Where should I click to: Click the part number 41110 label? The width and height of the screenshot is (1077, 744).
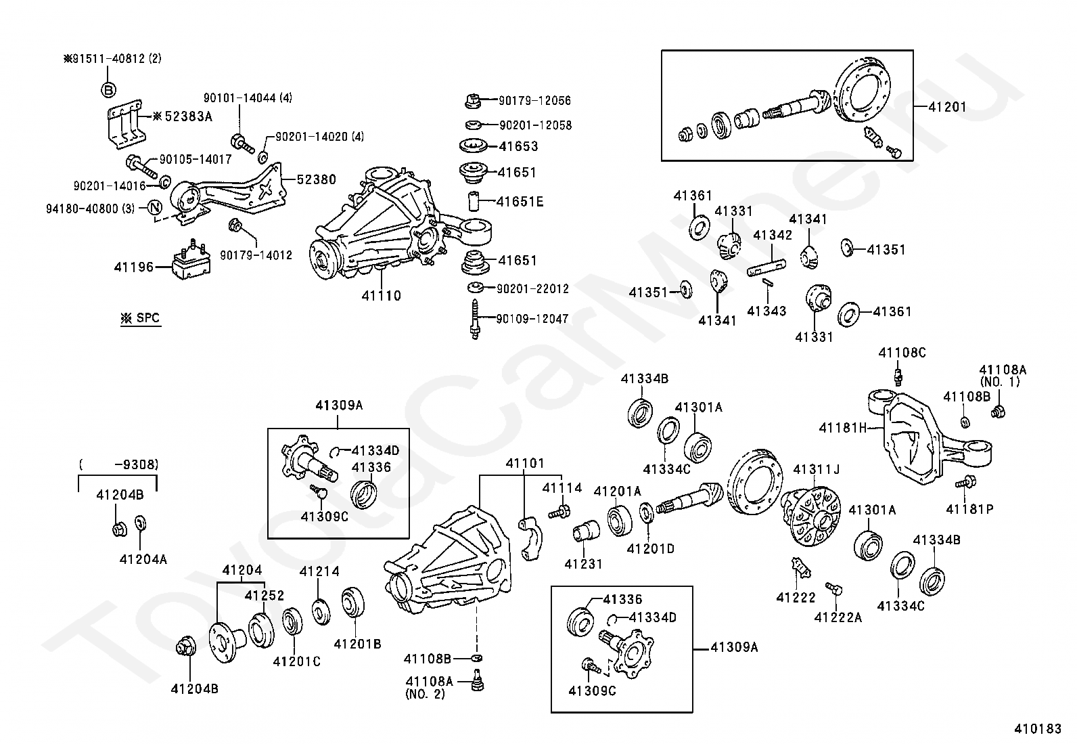[381, 295]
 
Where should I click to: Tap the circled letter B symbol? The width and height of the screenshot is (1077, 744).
[109, 89]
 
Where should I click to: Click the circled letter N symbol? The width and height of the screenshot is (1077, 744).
[155, 208]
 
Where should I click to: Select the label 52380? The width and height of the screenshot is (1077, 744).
[316, 179]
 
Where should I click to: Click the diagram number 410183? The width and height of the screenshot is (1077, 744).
[1038, 728]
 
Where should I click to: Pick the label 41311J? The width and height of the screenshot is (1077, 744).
[816, 468]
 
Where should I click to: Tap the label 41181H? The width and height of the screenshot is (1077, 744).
[842, 427]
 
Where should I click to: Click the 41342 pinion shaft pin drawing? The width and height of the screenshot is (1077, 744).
[766, 267]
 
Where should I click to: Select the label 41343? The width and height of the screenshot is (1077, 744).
[766, 311]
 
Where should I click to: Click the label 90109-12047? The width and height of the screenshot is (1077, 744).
[532, 319]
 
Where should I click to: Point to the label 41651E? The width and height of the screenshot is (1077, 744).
[520, 202]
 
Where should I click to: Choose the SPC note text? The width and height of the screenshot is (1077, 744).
[141, 318]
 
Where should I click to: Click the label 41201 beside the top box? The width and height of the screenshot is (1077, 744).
[947, 107]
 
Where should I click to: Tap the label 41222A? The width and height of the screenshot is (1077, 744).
[838, 617]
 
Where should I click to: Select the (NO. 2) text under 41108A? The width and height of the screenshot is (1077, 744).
[425, 694]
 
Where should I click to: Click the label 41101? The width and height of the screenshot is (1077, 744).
[524, 464]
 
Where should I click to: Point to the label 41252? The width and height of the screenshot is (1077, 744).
[264, 595]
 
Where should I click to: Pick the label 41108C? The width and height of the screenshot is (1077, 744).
[902, 353]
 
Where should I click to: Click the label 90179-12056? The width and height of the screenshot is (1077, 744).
[534, 101]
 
